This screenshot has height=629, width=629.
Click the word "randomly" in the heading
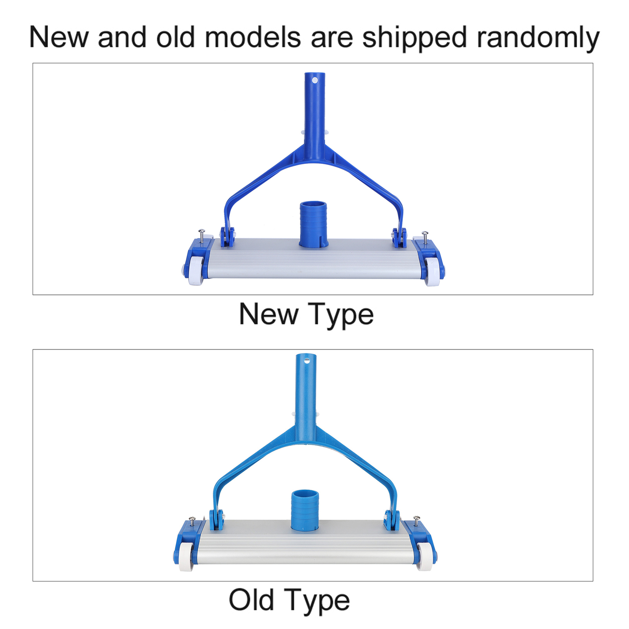pyautogui.click(x=538, y=38)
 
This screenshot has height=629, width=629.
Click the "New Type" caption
pyautogui.click(x=306, y=315)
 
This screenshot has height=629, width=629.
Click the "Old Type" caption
pyautogui.click(x=289, y=600)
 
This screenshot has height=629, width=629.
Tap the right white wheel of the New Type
pyautogui.click(x=432, y=272)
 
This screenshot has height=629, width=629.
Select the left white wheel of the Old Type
pyautogui.click(x=186, y=557)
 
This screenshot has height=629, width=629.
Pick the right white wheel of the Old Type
pyautogui.click(x=424, y=557)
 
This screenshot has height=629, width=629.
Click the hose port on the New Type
pyautogui.click(x=313, y=224)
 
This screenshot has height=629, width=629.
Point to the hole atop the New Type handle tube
pyautogui.click(x=314, y=81)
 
